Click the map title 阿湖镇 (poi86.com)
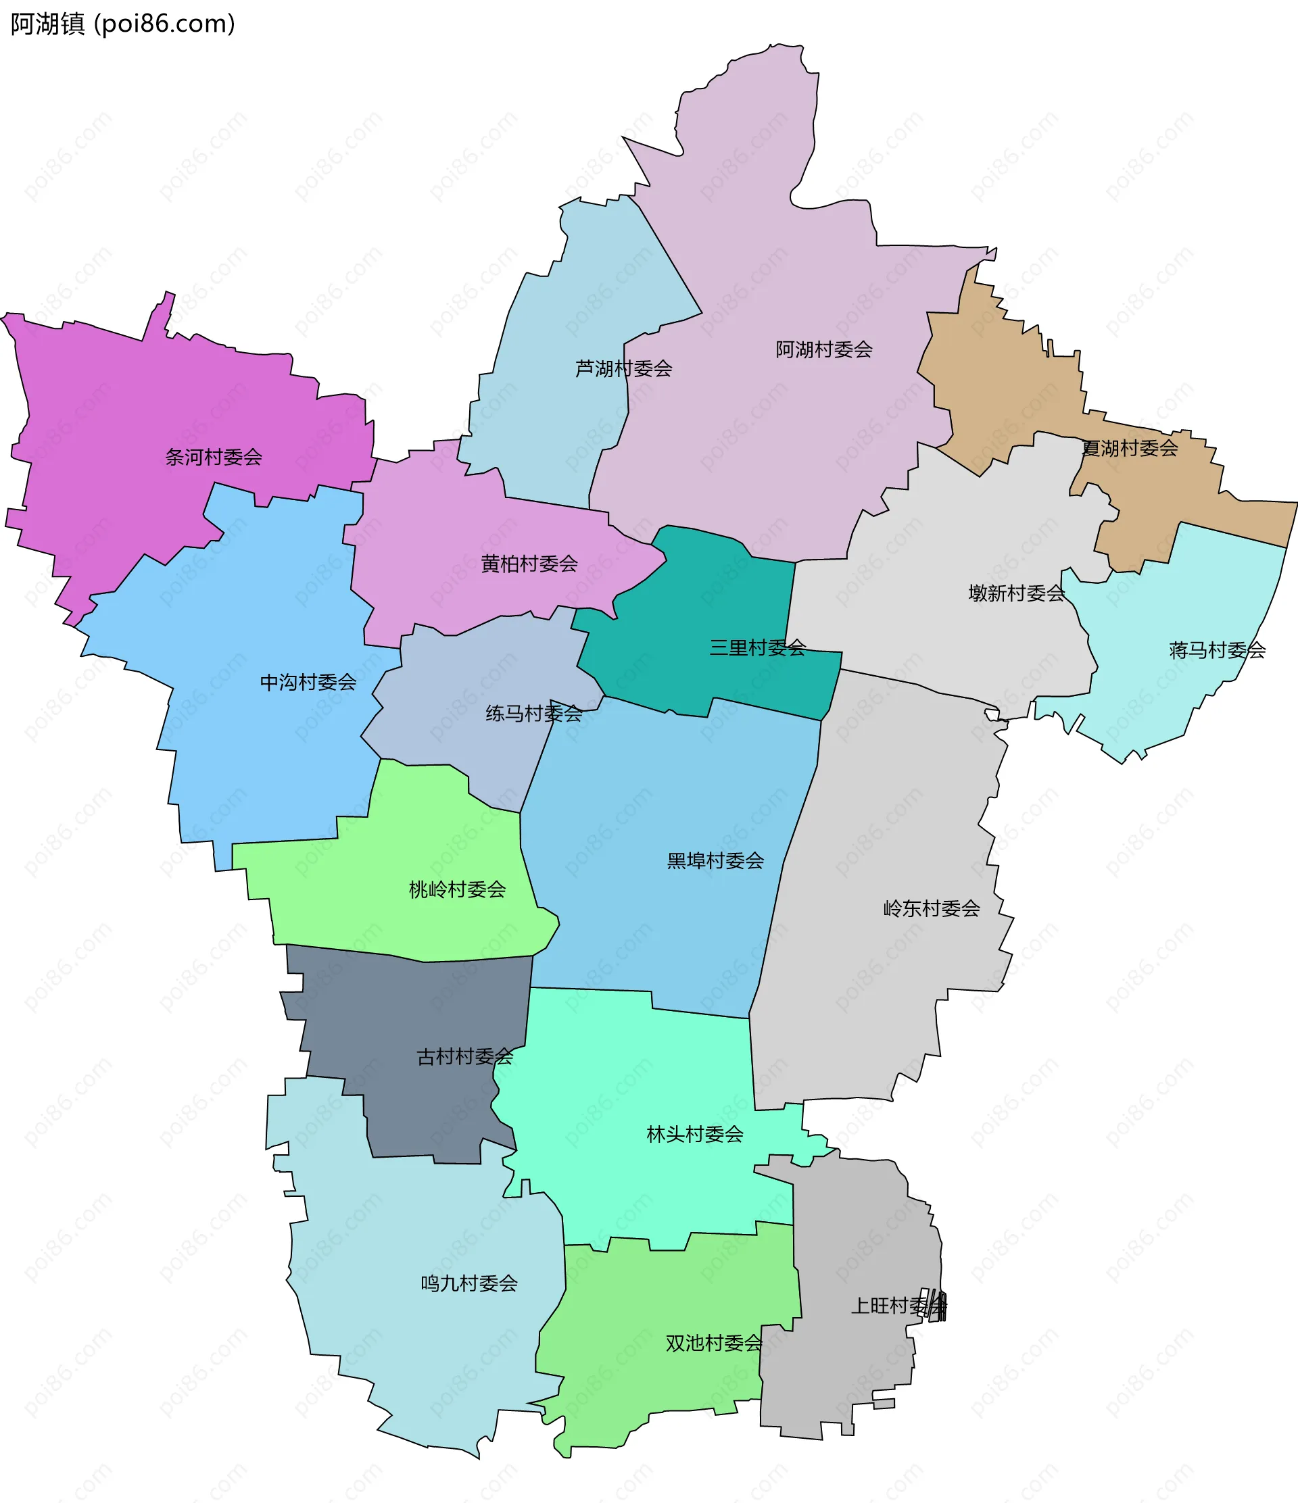click(122, 24)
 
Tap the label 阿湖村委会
click(823, 349)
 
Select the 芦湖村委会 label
click(623, 368)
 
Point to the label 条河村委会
click(214, 457)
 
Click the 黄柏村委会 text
click(529, 564)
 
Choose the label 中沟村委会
click(308, 682)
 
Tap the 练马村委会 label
click(533, 714)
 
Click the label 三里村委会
click(756, 648)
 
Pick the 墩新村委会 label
click(1016, 593)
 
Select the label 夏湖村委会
click(1129, 448)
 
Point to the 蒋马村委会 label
click(1217, 650)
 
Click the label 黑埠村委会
click(715, 860)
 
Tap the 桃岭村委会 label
click(457, 889)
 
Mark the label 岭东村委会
click(931, 908)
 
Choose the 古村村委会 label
click(464, 1057)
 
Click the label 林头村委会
click(694, 1134)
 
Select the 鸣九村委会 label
click(468, 1283)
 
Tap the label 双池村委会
click(713, 1344)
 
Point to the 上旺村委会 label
click(898, 1306)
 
